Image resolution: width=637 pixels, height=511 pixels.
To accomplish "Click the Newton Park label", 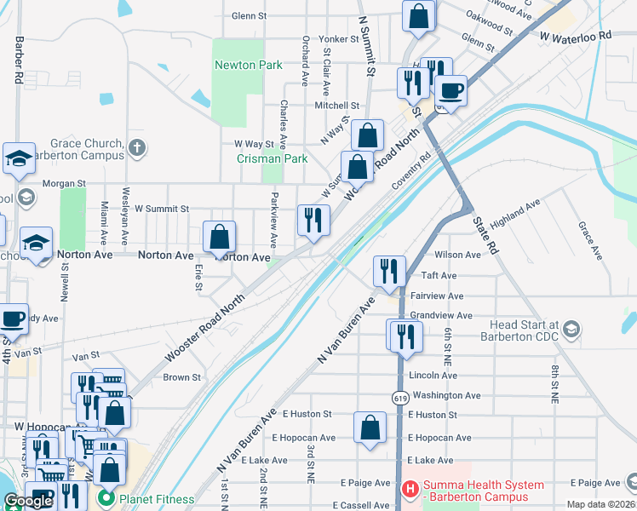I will pos(248,65).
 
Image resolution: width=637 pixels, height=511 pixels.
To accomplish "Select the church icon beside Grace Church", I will pos(138,148).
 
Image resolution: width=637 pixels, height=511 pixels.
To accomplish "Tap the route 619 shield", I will pos(399,398).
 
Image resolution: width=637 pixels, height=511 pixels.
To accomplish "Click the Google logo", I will pos(28,501).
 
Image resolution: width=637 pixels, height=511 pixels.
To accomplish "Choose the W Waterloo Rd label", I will pos(576,36).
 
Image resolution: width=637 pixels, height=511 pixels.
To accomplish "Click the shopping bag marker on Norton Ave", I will pos(220,236).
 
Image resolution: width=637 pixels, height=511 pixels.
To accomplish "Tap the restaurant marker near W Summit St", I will pos(313,219).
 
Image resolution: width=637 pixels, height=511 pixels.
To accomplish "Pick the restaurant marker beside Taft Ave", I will pos(389,270).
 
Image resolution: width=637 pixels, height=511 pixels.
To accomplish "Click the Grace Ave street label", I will pos(588,241).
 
